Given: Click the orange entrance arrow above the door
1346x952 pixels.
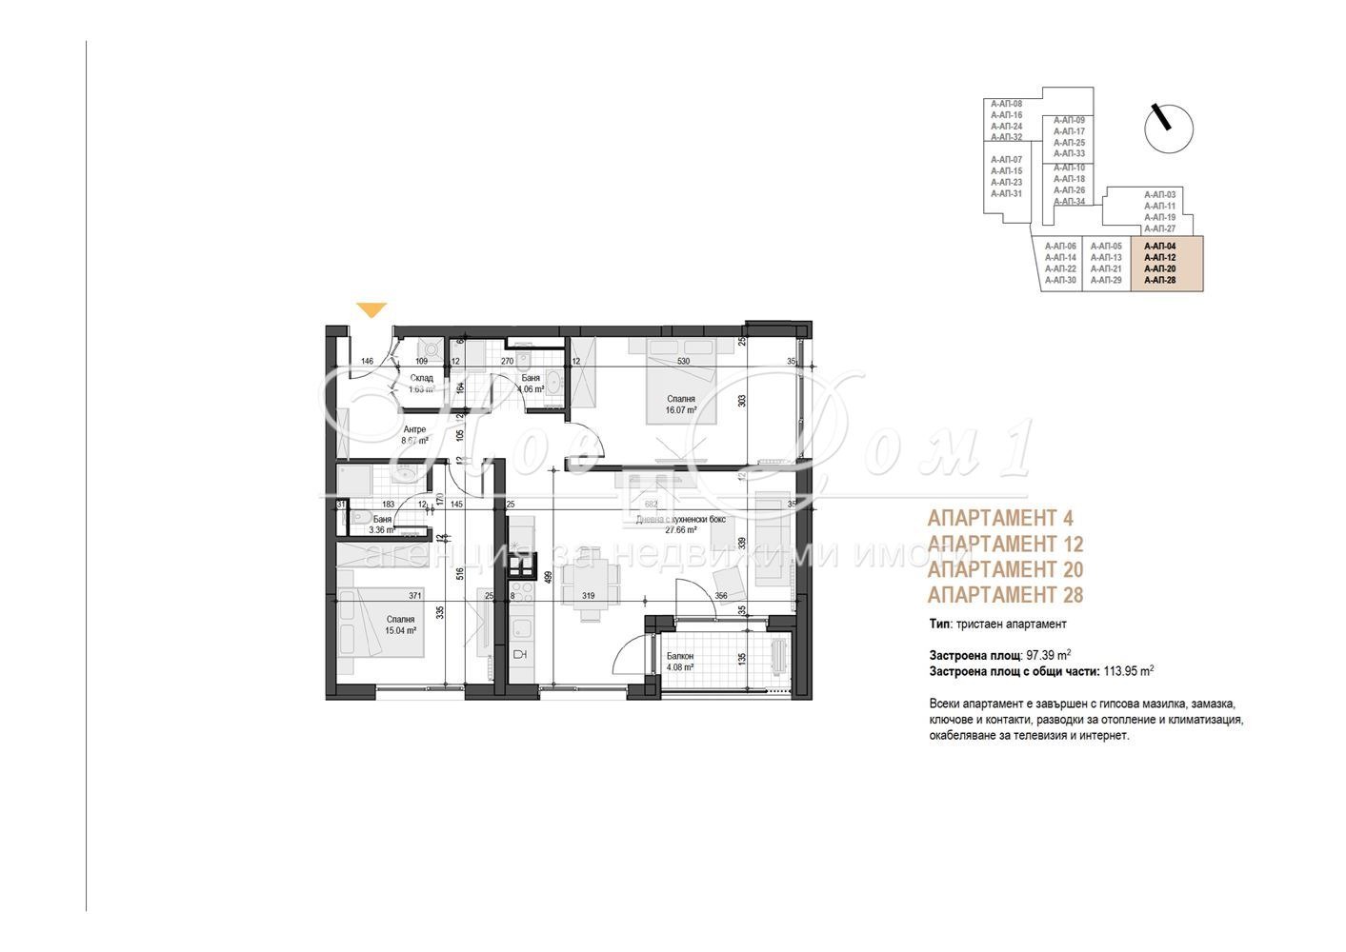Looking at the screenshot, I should tap(372, 309).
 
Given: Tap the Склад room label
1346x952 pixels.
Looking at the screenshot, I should tap(421, 378).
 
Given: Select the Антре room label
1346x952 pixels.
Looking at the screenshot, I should tap(413, 429).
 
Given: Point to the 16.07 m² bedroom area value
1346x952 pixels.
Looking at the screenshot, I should tap(680, 411).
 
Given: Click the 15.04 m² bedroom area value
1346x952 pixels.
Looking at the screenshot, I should tap(400, 630).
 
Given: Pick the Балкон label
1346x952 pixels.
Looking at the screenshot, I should tap(679, 656).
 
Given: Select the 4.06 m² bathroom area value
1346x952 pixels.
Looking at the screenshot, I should tap(531, 389).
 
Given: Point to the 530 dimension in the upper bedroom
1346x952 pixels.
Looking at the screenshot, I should tap(683, 362).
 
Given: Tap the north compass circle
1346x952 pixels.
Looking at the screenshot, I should tap(1168, 128).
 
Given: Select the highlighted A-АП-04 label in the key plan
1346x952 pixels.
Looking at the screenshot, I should tap(1159, 246).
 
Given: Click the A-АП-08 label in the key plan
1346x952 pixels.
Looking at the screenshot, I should tap(1006, 103).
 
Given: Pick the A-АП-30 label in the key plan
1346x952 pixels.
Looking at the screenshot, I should tap(1059, 280).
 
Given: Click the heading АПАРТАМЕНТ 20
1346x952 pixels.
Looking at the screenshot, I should tap(1005, 569).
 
